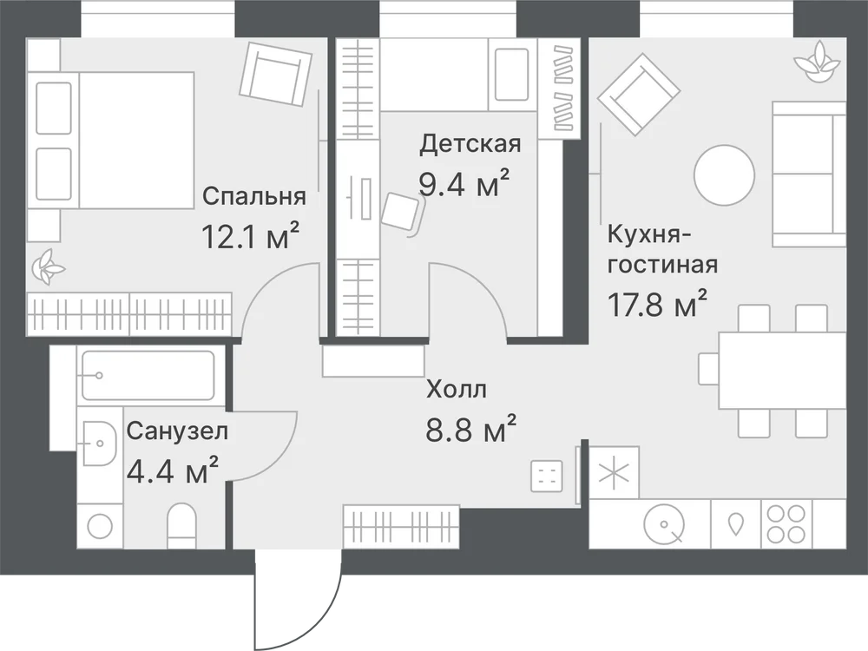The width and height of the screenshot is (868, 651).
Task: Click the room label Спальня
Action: [254, 196]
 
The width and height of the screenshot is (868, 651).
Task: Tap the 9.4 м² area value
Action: [464, 183]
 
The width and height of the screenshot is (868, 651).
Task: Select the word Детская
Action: [470, 144]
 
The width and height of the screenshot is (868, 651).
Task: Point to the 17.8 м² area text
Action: [658, 303]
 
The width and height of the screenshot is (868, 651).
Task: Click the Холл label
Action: [457, 390]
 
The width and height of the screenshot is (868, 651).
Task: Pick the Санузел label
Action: [177, 431]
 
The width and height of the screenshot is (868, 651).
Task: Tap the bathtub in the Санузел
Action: [148, 375]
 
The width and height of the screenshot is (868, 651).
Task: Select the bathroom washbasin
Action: [100, 443]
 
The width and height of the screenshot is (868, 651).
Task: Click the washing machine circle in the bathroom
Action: [100, 526]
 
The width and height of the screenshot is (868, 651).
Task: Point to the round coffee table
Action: [724, 175]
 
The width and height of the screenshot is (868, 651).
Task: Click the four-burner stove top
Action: [786, 524]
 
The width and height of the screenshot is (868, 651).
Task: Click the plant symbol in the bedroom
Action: [48, 266]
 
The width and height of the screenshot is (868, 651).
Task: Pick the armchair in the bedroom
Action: [276, 75]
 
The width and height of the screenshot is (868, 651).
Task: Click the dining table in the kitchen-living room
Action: [782, 370]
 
